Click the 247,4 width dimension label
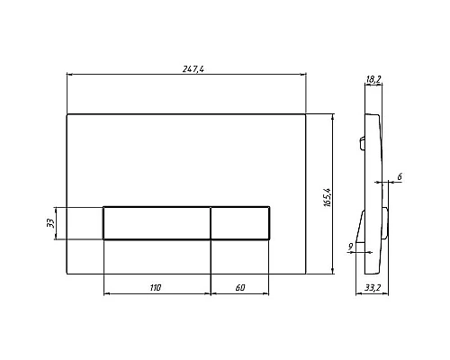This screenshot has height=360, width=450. (193, 69)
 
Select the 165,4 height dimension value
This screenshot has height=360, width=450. (327, 198)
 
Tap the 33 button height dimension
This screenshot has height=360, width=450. (50, 223)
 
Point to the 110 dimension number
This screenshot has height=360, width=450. (156, 288)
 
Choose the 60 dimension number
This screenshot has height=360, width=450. (240, 288)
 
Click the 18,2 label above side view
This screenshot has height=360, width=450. (373, 79)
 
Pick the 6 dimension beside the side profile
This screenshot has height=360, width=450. (400, 177)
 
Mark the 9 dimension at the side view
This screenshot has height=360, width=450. (350, 247)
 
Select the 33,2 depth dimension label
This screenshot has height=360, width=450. (373, 288)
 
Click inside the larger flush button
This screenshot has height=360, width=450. (157, 223)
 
